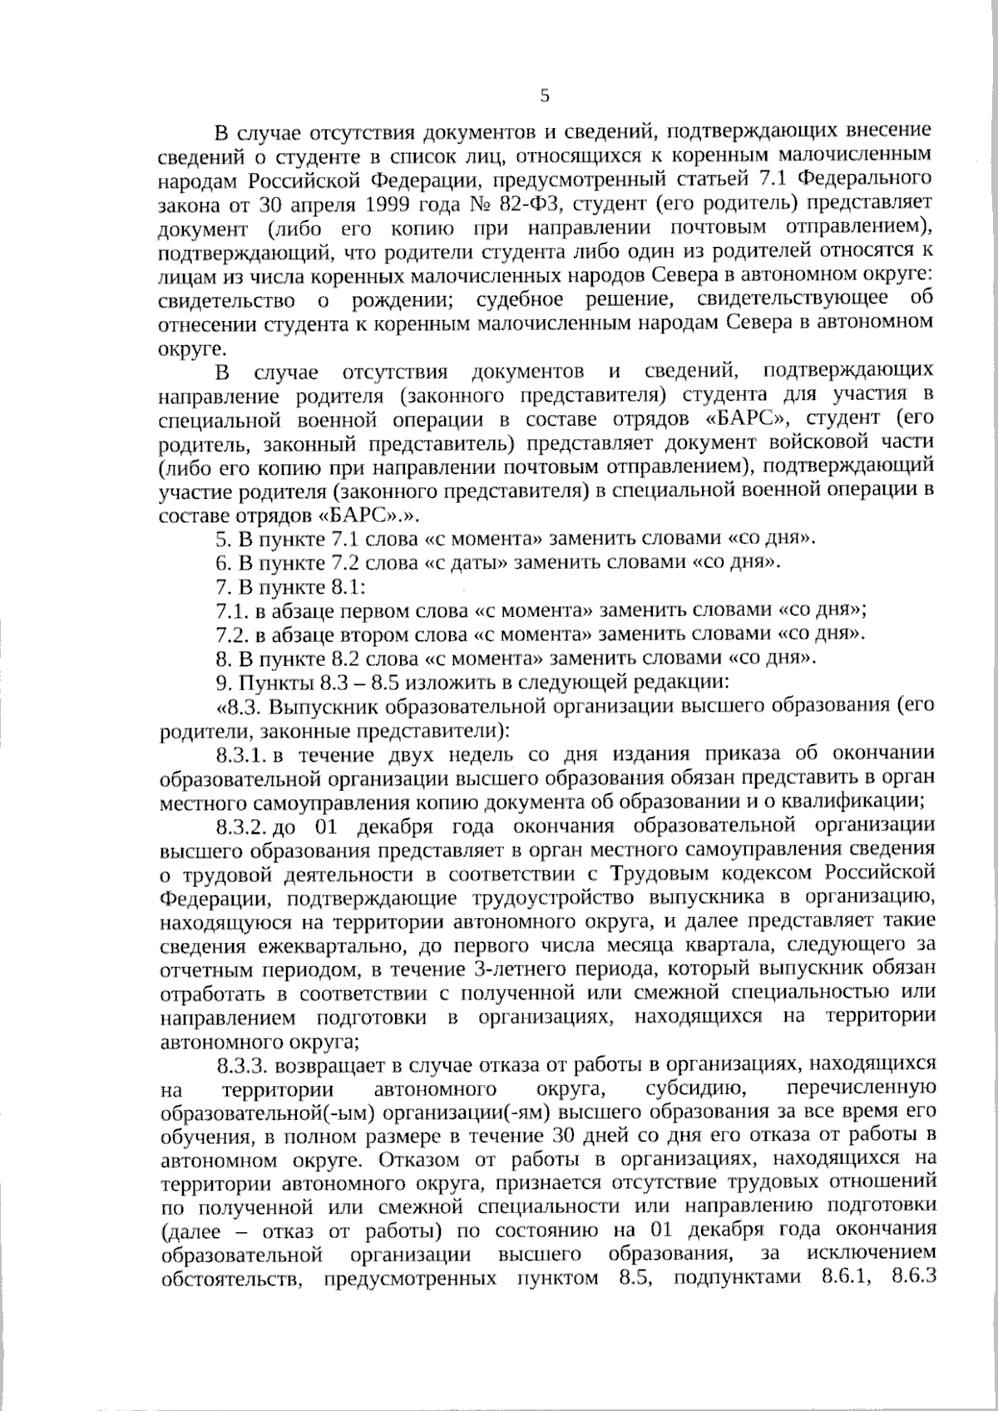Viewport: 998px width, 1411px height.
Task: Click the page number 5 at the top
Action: (x=545, y=96)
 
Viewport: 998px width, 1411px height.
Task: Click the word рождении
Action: (x=391, y=298)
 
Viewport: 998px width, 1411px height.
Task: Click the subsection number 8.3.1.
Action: (x=242, y=754)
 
